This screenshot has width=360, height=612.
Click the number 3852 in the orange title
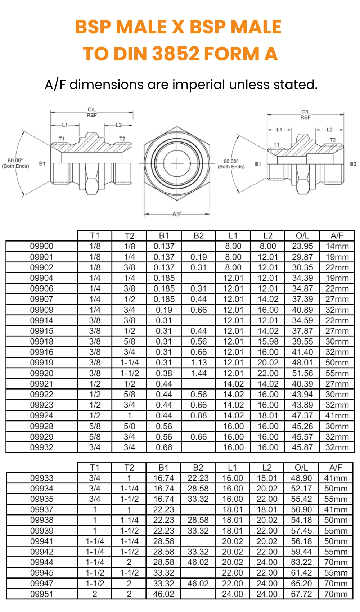[176, 54]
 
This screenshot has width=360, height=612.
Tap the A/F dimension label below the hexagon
[177, 214]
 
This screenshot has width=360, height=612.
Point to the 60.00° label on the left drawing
[15, 161]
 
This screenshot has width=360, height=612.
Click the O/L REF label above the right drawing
[305, 114]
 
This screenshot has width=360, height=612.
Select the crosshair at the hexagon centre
[177, 163]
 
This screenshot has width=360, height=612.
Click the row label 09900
[42, 246]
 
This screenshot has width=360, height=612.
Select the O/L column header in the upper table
[302, 236]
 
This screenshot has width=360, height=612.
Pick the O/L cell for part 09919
[302, 363]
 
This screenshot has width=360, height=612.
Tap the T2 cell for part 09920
[129, 373]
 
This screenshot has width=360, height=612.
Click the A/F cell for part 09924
[337, 415]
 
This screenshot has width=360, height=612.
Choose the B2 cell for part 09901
[198, 257]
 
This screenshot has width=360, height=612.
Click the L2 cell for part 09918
[268, 341]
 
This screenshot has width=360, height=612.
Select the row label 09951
[42, 594]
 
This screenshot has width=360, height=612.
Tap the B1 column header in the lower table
[163, 468]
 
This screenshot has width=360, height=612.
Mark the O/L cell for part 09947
[301, 584]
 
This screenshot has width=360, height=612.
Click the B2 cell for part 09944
[198, 562]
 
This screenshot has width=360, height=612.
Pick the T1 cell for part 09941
[95, 541]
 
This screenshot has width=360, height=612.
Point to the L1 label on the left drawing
[65, 125]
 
